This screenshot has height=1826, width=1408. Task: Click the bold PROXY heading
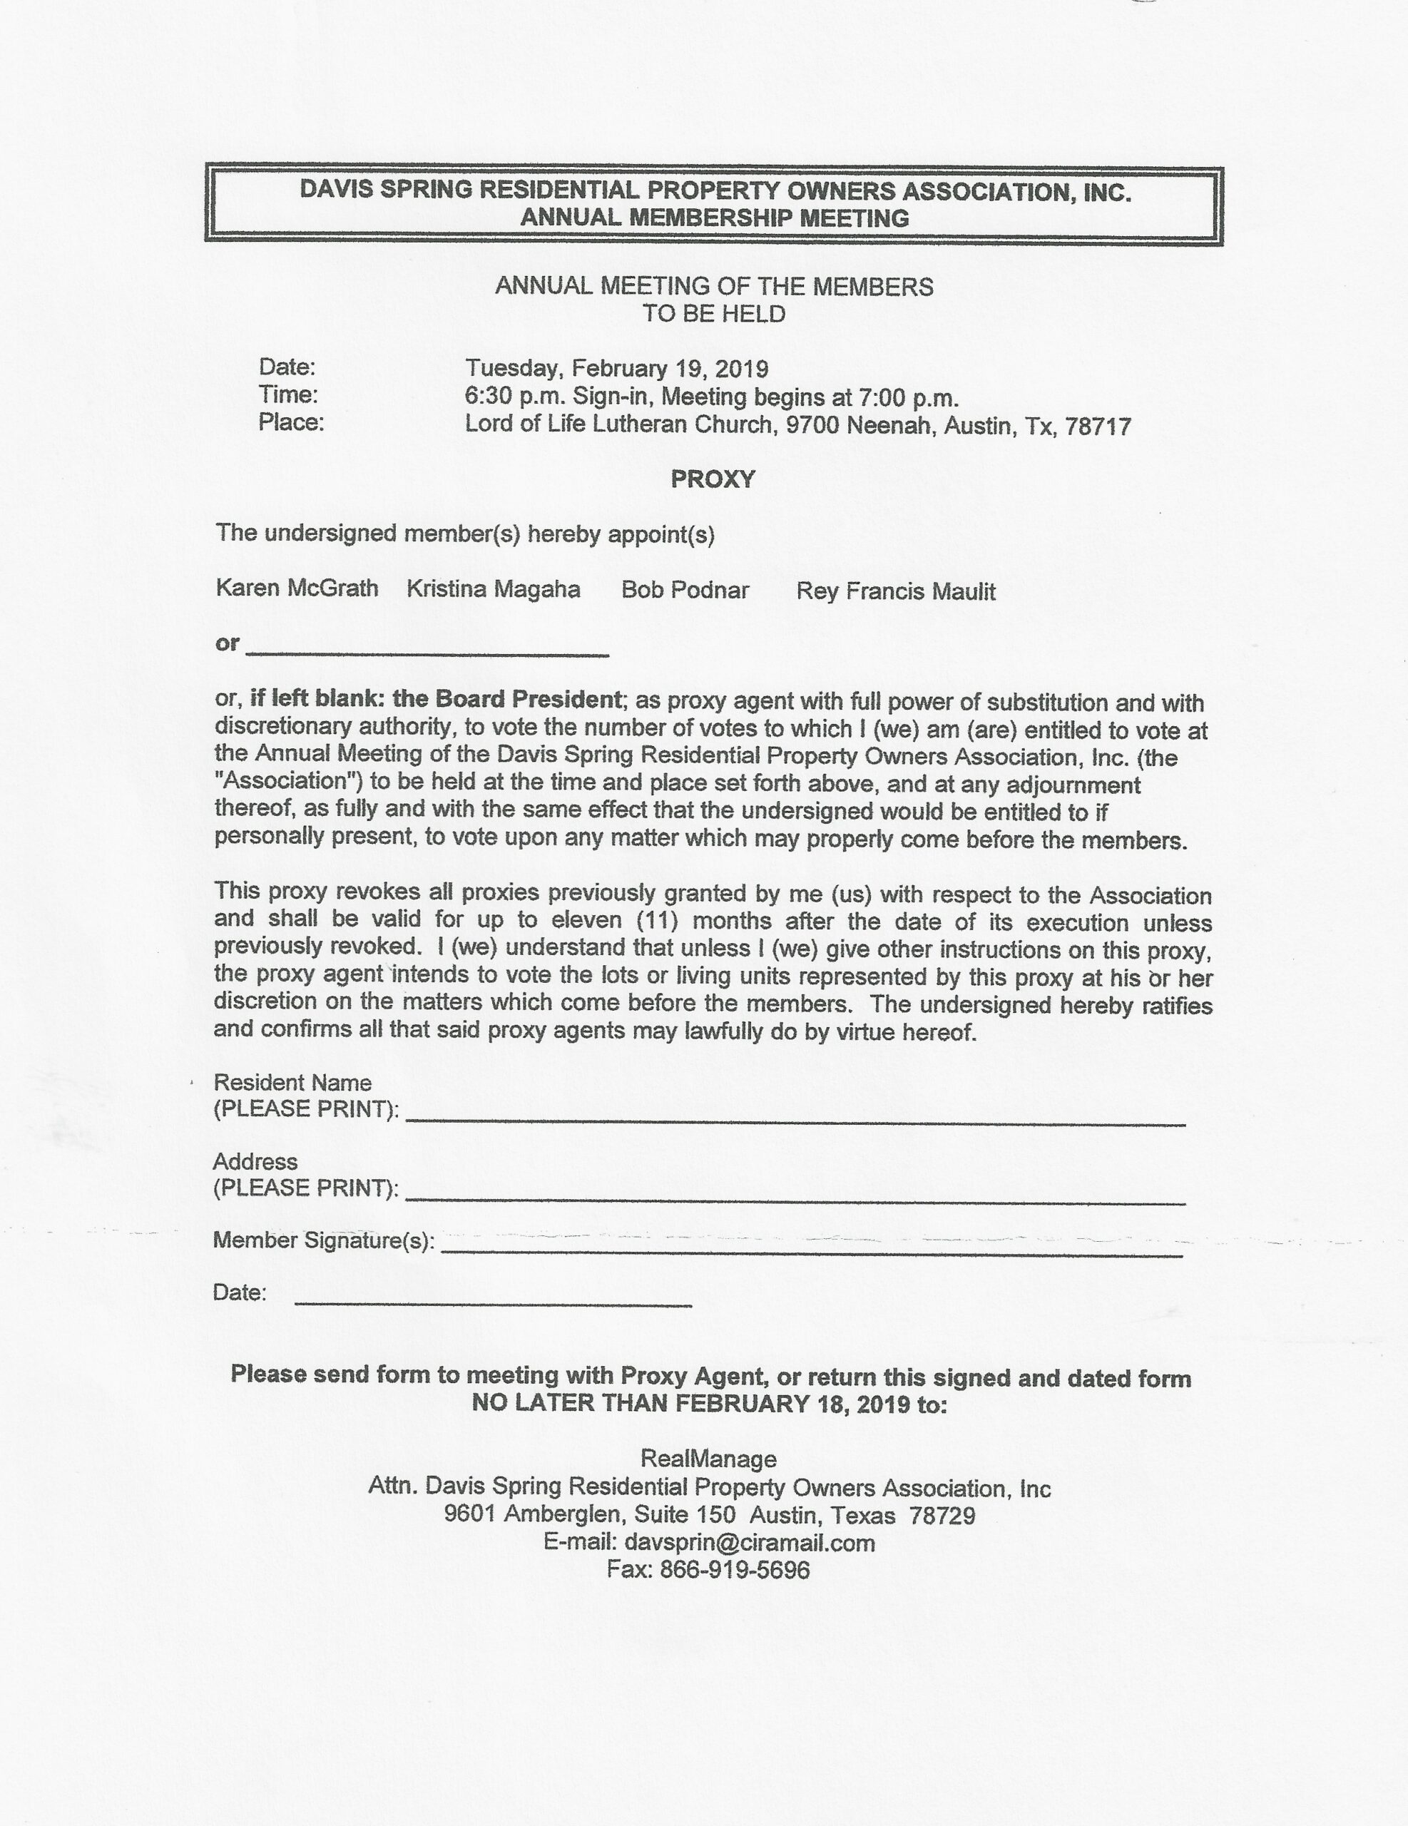pyautogui.click(x=713, y=479)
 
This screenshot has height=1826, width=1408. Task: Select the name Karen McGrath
pyautogui.click(x=297, y=588)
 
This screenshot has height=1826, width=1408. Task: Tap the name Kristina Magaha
pyautogui.click(x=494, y=589)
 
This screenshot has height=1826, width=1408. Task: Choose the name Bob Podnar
pyautogui.click(x=685, y=591)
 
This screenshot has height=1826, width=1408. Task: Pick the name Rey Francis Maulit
pyautogui.click(x=895, y=592)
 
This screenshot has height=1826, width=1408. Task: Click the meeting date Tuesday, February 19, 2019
pyautogui.click(x=616, y=369)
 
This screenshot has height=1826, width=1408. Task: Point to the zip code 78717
pyautogui.click(x=1098, y=427)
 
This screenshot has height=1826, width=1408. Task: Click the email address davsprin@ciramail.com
pyautogui.click(x=749, y=1543)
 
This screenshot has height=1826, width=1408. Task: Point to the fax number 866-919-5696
pyautogui.click(x=735, y=1570)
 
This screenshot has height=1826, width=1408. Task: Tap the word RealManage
pyautogui.click(x=708, y=1459)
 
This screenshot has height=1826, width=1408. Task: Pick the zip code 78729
pyautogui.click(x=942, y=1516)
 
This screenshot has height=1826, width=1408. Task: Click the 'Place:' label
pyautogui.click(x=291, y=423)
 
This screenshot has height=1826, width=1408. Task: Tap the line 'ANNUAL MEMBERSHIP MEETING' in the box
pyautogui.click(x=714, y=218)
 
